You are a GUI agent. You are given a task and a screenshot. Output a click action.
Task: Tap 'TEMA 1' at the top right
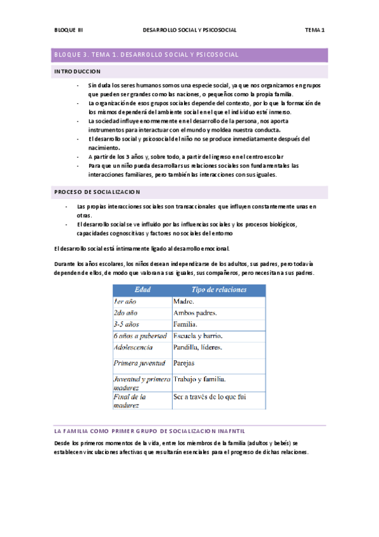[x=314, y=30]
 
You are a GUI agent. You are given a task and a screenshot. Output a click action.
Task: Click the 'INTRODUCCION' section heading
[x=77, y=72]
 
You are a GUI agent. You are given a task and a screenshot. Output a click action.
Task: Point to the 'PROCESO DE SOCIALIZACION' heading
[x=98, y=191]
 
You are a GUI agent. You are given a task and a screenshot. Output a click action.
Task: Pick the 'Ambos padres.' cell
[x=195, y=313]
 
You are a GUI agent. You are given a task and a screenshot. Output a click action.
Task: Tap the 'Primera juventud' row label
[x=140, y=363]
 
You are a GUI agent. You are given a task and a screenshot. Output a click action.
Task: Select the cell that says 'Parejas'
[x=184, y=363]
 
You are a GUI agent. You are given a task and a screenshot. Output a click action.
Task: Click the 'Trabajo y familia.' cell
[x=200, y=379]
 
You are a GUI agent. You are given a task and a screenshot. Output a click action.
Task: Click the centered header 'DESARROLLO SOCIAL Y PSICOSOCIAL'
[x=190, y=30]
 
